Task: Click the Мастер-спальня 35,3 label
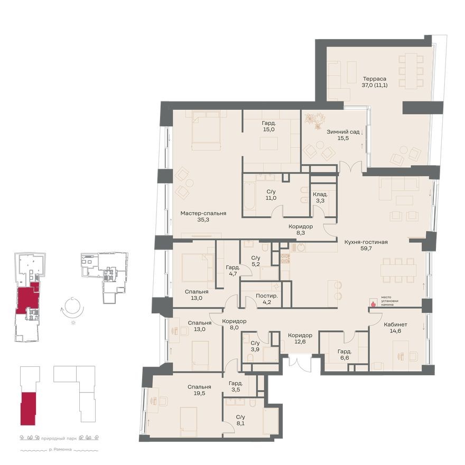203,217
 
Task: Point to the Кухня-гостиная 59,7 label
366,246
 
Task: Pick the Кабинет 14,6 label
396,328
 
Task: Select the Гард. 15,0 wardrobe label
269,127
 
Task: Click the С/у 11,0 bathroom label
271,195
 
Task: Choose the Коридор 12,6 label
300,339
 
